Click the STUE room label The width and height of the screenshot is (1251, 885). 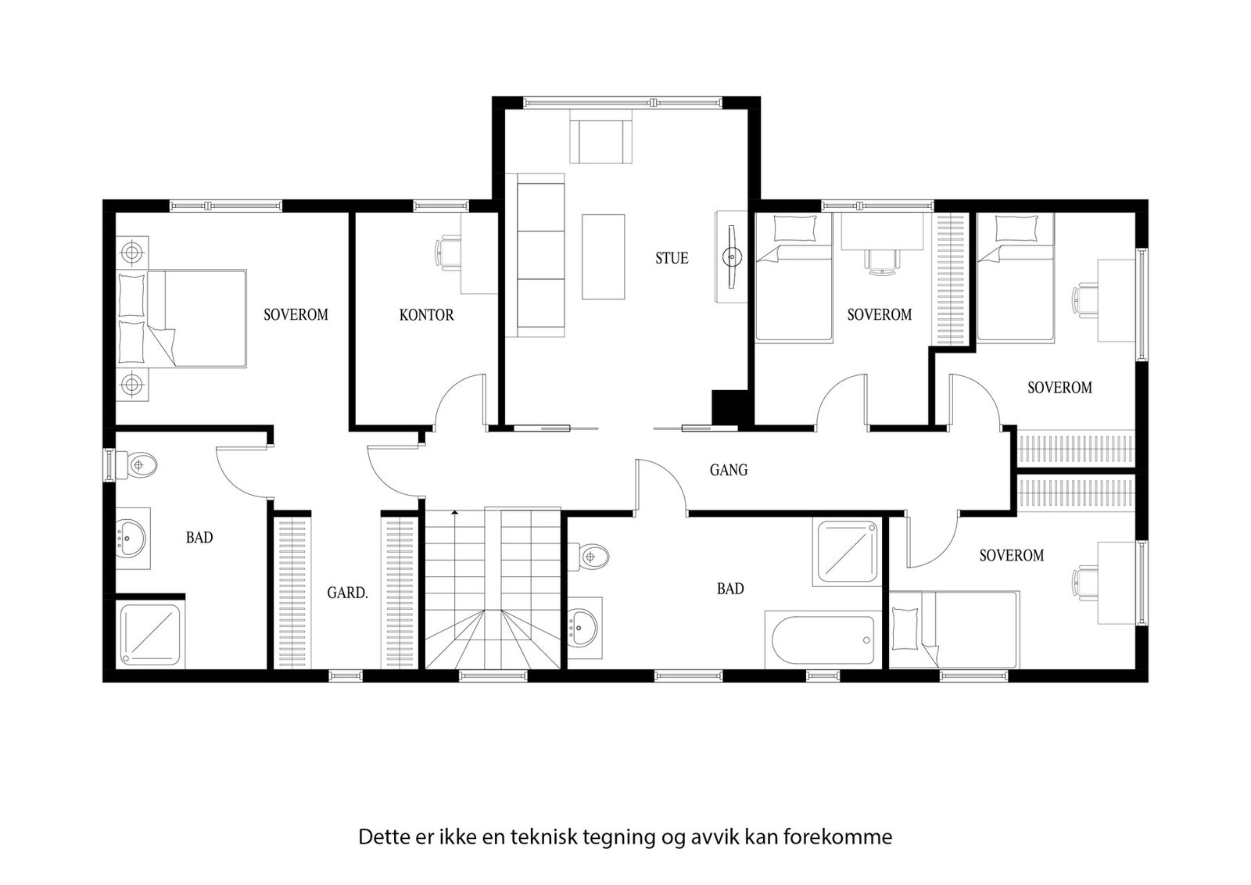(x=672, y=258)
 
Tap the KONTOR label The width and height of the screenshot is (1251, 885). (x=426, y=315)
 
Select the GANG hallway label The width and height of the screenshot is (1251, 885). (x=728, y=470)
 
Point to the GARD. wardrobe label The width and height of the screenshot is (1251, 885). (x=347, y=593)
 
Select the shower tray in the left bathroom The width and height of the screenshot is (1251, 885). (x=150, y=635)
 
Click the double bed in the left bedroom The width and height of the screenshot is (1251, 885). (x=181, y=319)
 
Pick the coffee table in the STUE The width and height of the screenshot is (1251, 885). (x=603, y=257)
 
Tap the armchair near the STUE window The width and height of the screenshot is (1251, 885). (x=601, y=136)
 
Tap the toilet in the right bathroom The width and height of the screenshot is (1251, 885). (x=589, y=557)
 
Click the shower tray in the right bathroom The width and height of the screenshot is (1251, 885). (x=848, y=552)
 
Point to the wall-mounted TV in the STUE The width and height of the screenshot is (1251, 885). (x=732, y=257)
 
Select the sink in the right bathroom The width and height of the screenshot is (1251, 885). (x=583, y=628)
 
